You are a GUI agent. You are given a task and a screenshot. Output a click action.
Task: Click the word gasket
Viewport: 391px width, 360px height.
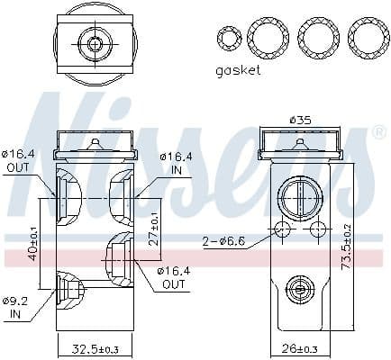(x=238, y=70)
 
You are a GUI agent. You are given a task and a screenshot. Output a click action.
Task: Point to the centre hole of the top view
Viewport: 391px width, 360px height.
(x=94, y=42)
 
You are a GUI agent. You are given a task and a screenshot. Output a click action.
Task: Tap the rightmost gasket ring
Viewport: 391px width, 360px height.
(x=366, y=37)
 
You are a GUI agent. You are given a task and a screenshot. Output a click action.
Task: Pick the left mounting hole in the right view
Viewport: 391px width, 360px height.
(x=283, y=231)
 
